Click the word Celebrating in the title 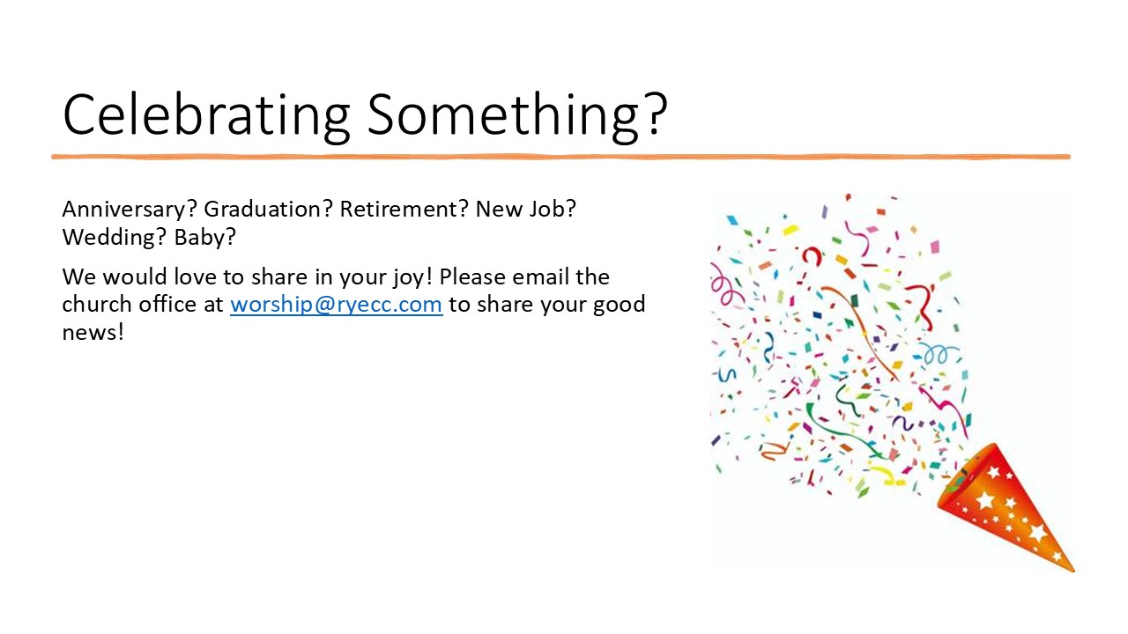tap(206, 115)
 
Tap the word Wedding tap(111, 237)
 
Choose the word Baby tap(199, 237)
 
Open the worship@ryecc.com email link tap(337, 305)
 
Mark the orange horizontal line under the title tap(560, 157)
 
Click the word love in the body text tap(196, 276)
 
